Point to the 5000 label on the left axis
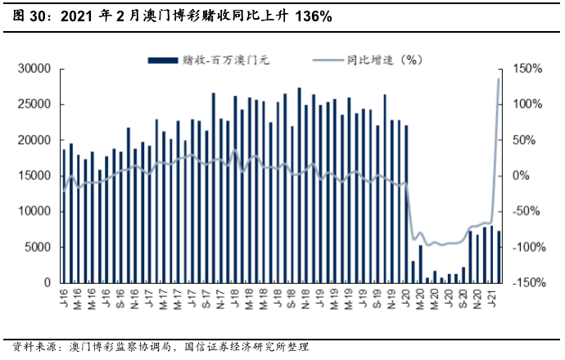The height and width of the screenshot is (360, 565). click(40, 247)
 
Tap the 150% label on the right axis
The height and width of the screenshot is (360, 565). click(527, 69)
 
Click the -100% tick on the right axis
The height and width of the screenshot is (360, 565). click(525, 247)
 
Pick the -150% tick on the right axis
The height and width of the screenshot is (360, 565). click(525, 283)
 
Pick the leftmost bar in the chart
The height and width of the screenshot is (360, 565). click(64, 216)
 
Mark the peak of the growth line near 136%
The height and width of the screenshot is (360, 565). click(499, 79)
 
